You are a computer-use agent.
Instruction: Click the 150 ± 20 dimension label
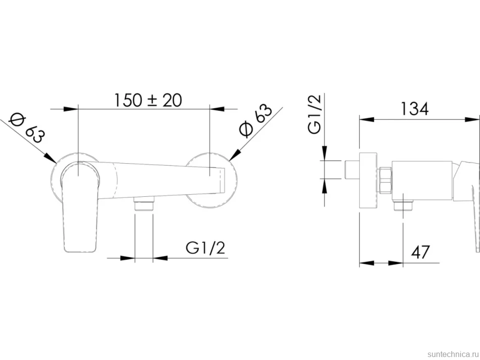point(148,100)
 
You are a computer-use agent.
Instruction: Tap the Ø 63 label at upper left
point(27,128)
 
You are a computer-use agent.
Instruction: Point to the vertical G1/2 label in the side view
point(315,114)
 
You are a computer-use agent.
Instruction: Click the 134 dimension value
point(415,109)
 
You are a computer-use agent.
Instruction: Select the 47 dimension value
point(420,252)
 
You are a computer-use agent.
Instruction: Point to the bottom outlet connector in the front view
point(144,204)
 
